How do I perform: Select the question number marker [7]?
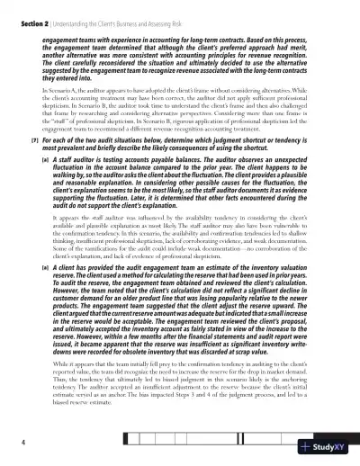pos(33,142)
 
